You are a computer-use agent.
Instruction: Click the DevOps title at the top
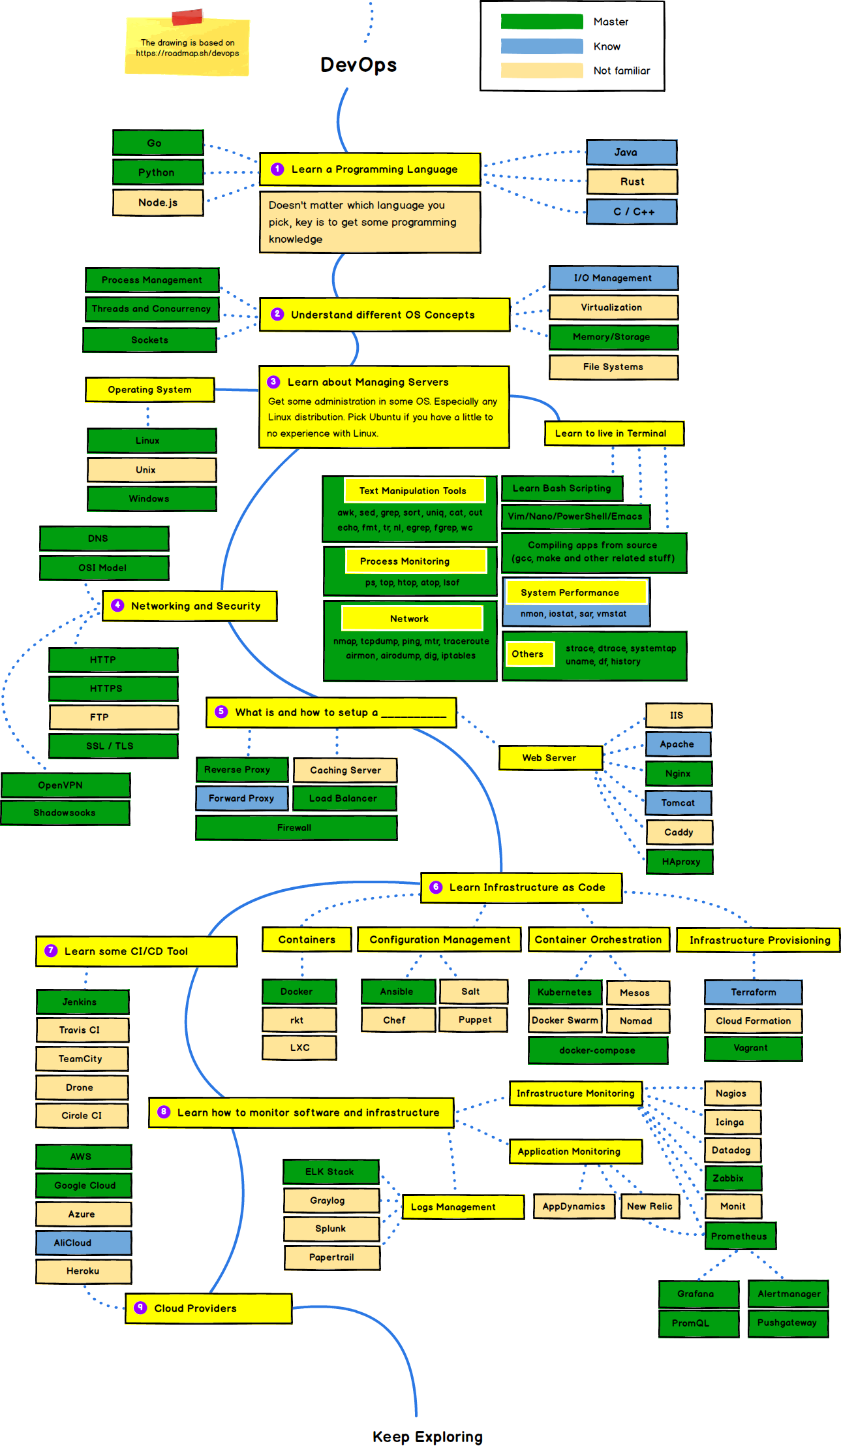[x=358, y=65]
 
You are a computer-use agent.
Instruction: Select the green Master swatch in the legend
[x=542, y=22]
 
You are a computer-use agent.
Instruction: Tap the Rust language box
[x=632, y=181]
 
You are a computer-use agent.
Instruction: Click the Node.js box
[x=158, y=202]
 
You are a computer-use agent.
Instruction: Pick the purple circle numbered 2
[x=277, y=314]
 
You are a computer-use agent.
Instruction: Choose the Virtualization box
[x=613, y=307]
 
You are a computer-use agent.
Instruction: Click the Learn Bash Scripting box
[x=562, y=488]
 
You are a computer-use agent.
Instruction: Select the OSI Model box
[x=104, y=567]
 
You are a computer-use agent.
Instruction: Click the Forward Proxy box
[x=241, y=798]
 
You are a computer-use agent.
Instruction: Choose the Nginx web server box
[x=679, y=774]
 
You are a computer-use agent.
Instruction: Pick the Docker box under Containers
[x=299, y=992]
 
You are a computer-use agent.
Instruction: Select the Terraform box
[x=753, y=992]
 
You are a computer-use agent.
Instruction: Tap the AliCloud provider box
[x=84, y=1243]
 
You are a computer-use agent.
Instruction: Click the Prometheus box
[x=740, y=1236]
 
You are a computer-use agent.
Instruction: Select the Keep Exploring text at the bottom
[x=427, y=1436]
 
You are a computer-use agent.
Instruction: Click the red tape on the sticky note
[x=187, y=17]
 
